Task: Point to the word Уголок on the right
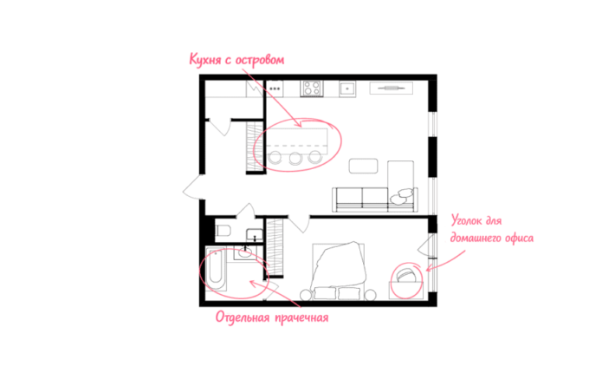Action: (x=466, y=220)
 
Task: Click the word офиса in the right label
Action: (x=519, y=238)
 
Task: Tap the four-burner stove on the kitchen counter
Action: (x=312, y=88)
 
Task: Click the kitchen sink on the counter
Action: (x=347, y=88)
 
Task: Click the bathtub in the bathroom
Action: (x=216, y=269)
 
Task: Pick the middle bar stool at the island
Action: (x=295, y=158)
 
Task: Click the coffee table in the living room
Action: (x=364, y=166)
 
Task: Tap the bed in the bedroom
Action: (x=339, y=271)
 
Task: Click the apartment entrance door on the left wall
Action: (x=193, y=186)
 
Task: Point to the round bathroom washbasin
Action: (x=245, y=252)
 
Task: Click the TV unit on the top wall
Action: (x=391, y=88)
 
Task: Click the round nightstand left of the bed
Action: (x=306, y=295)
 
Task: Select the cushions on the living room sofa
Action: (x=402, y=196)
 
